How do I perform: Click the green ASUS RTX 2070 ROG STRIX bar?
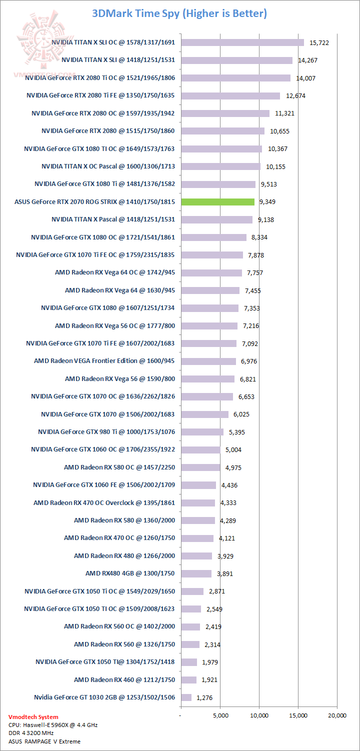point(218,202)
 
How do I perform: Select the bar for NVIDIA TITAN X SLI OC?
point(242,42)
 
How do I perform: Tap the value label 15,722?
point(319,43)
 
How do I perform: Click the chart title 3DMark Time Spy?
point(179,13)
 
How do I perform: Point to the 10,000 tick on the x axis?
point(259,715)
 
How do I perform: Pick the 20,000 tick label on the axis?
point(337,715)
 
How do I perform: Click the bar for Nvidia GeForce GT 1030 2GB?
point(186,697)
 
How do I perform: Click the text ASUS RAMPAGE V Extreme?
point(44,741)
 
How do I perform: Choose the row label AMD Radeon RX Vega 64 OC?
point(115,272)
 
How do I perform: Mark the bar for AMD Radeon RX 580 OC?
point(200,467)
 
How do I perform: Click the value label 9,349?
point(267,202)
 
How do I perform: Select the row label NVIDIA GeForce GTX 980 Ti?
point(106,432)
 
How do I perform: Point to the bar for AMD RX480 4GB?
point(196,573)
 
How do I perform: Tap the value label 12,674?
point(295,95)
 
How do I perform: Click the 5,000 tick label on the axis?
point(220,715)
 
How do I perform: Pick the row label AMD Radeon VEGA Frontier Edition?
point(104,361)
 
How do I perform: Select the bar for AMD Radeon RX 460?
point(189,680)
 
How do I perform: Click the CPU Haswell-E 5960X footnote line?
point(46,724)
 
